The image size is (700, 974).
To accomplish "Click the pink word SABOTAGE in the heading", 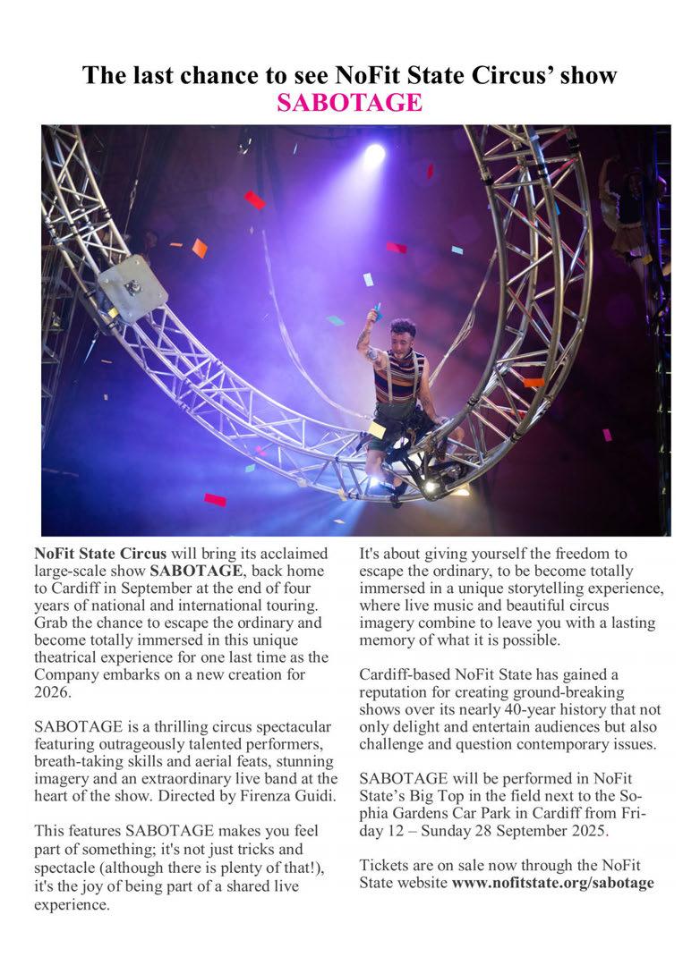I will (x=349, y=103).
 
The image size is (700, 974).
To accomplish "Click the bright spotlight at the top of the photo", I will (x=374, y=154).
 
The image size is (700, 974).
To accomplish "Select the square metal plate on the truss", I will (x=132, y=288).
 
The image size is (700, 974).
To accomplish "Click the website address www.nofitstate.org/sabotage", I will (x=552, y=883).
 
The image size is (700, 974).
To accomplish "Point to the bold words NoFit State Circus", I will (x=93, y=553).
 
